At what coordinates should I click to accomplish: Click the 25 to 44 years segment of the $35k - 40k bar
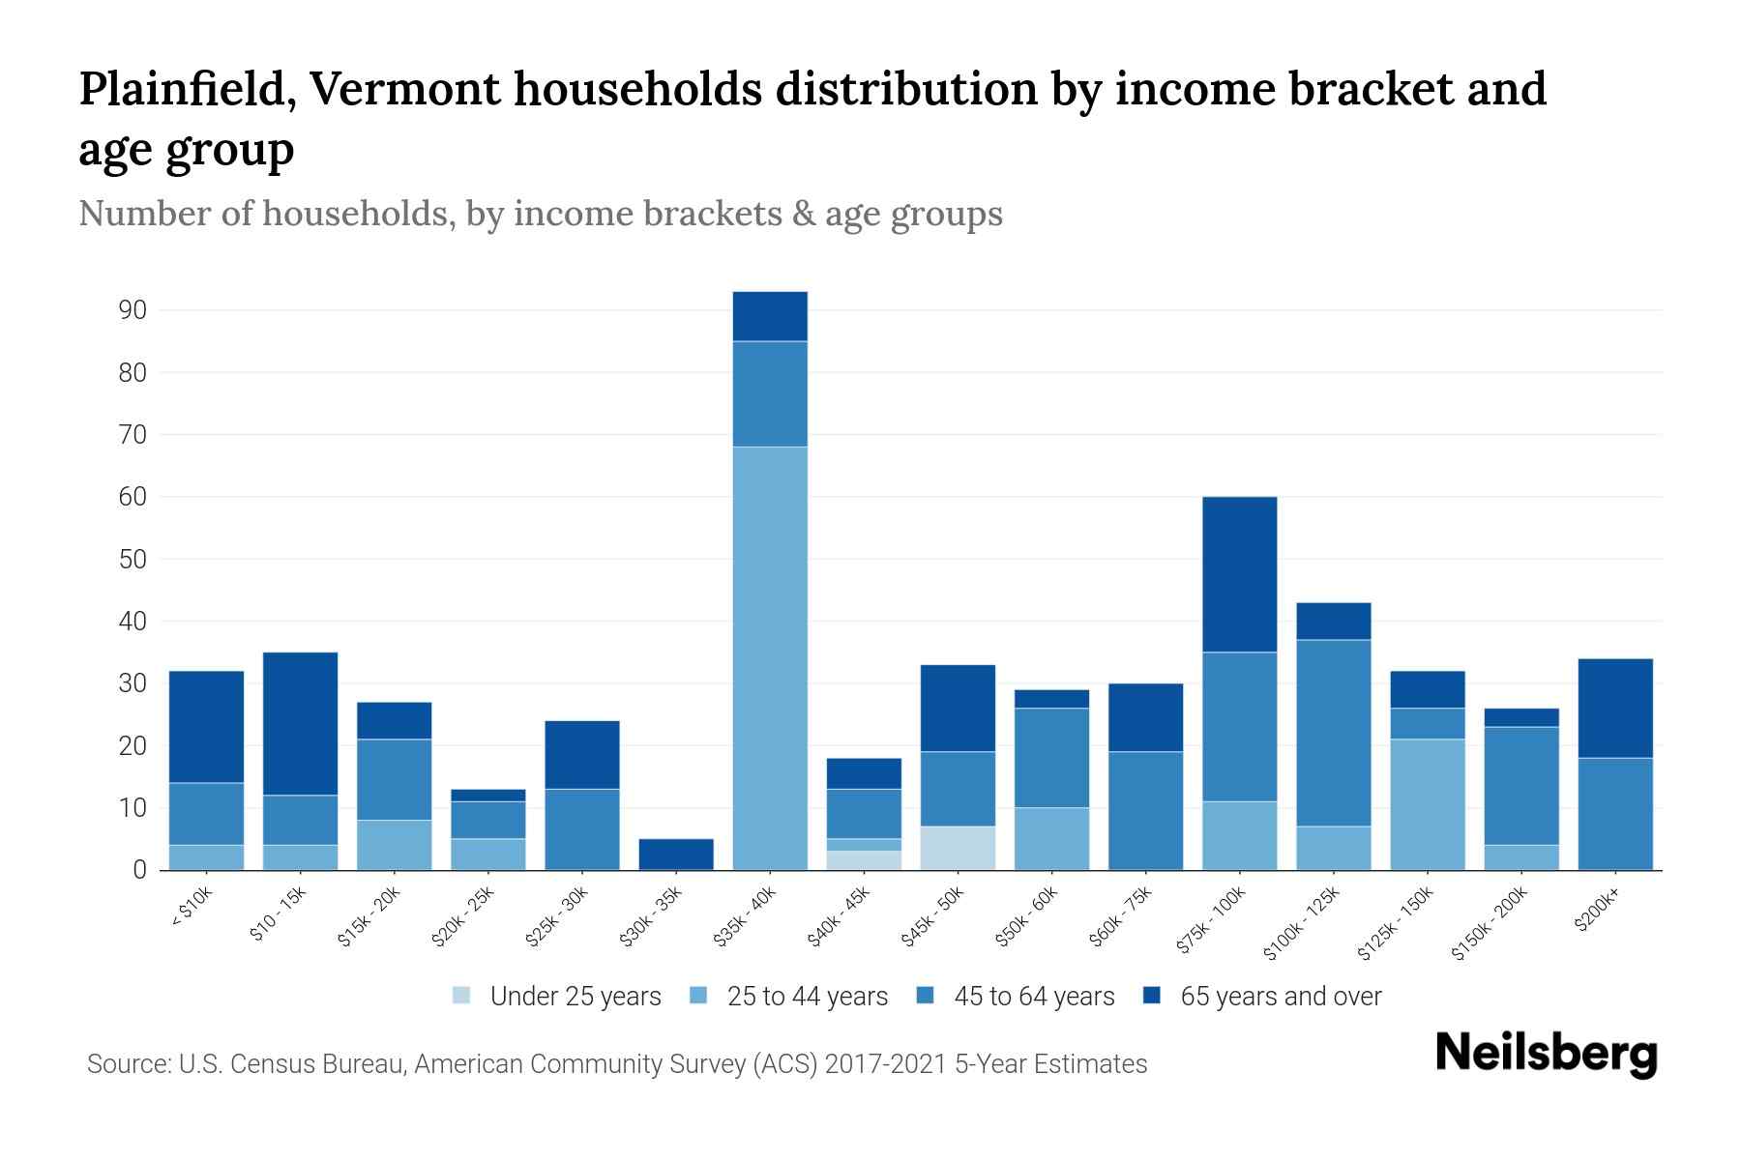(x=770, y=657)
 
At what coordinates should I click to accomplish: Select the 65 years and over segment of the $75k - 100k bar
(x=1239, y=574)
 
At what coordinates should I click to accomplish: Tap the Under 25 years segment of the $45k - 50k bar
(x=958, y=848)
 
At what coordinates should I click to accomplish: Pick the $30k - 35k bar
(x=676, y=854)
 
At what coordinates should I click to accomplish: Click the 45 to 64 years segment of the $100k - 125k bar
(x=1333, y=733)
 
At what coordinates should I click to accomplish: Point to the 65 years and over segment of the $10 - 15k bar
(x=300, y=723)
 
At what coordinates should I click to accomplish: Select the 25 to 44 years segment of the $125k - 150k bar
(x=1427, y=804)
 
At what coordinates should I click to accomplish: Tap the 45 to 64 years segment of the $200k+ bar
(x=1614, y=813)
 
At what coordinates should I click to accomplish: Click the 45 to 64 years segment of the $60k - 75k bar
(x=1145, y=810)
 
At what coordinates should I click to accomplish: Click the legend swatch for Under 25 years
(x=462, y=996)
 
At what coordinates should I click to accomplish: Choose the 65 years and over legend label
(x=1281, y=997)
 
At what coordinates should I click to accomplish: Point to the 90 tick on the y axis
(x=133, y=310)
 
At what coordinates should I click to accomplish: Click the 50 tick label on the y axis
(x=133, y=560)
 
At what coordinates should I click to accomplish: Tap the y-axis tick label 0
(x=140, y=870)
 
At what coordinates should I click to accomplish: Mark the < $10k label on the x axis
(x=192, y=910)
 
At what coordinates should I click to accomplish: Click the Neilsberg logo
(x=1546, y=1055)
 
